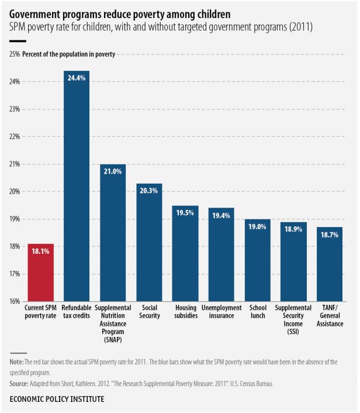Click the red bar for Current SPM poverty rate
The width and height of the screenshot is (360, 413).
pyautogui.click(x=41, y=272)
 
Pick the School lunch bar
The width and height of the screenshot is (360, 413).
pyautogui.click(x=258, y=260)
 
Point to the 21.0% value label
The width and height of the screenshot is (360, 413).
pyautogui.click(x=113, y=171)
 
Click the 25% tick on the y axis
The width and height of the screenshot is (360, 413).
pyautogui.click(x=15, y=54)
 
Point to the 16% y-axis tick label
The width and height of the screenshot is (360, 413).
pyautogui.click(x=15, y=302)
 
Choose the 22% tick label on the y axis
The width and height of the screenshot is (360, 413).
pyautogui.click(x=15, y=137)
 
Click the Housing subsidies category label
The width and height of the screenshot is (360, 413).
pyautogui.click(x=185, y=312)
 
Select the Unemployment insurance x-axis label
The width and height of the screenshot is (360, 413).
pyautogui.click(x=221, y=312)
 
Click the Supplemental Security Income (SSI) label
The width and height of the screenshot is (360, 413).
pyautogui.click(x=294, y=319)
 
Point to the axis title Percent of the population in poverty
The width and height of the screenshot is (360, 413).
pyautogui.click(x=69, y=54)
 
